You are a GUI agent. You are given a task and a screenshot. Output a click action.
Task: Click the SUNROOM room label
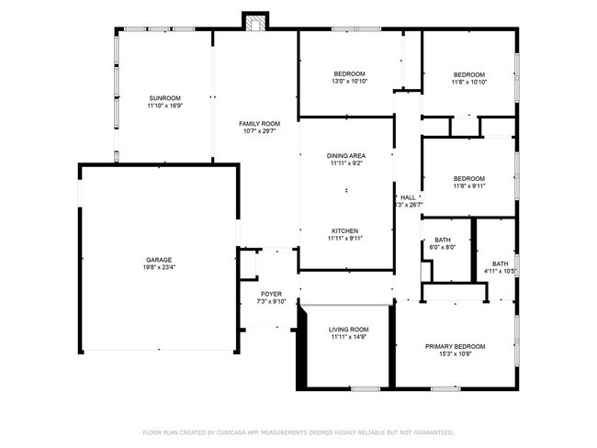(x=164, y=98)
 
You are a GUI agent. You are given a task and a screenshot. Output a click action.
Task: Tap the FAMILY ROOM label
(x=259, y=123)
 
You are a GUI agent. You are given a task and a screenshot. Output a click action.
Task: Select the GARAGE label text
(x=159, y=260)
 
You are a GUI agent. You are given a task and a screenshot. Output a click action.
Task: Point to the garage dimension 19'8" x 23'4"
(x=159, y=268)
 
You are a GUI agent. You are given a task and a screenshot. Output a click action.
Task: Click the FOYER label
(x=271, y=294)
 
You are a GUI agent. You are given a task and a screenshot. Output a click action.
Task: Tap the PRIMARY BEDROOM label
(x=455, y=346)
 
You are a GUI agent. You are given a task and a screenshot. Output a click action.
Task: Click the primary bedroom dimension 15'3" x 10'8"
(x=455, y=354)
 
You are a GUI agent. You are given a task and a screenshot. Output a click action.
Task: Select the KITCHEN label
(x=344, y=230)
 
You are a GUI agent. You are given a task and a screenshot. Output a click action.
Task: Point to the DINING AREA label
(x=345, y=156)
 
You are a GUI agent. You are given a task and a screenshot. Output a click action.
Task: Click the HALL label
(x=408, y=197)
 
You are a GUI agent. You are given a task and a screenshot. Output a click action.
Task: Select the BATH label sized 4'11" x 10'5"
(x=500, y=263)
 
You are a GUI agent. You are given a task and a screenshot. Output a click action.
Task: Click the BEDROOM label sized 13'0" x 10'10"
(x=349, y=73)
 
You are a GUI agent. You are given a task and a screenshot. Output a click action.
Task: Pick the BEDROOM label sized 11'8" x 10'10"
(x=468, y=74)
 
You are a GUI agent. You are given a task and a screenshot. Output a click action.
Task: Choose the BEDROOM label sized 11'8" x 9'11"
(x=468, y=178)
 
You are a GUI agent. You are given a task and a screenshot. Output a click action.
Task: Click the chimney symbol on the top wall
(x=254, y=21)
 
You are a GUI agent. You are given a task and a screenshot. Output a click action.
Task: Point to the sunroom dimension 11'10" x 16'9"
(x=164, y=106)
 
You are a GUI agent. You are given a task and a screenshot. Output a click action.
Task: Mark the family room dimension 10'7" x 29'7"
(x=259, y=131)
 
